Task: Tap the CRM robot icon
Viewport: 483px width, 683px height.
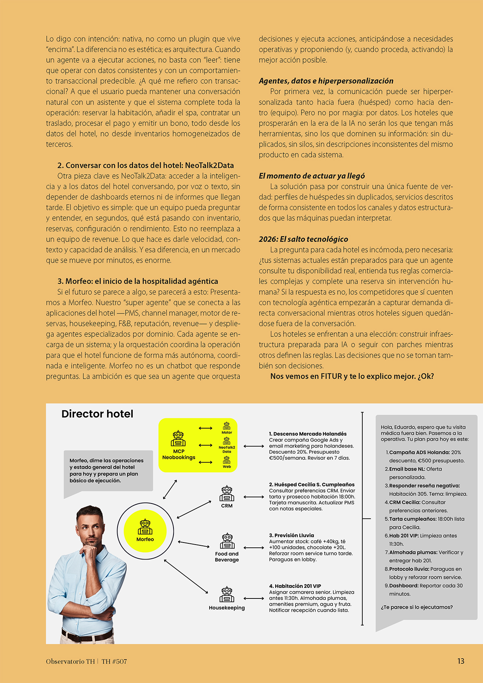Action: coord(227,493)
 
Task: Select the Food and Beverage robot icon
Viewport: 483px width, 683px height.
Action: coord(227,541)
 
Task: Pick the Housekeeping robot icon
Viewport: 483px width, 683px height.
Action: coord(227,594)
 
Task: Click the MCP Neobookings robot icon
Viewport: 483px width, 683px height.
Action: coord(178,439)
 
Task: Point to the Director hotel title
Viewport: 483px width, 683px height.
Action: coord(97,414)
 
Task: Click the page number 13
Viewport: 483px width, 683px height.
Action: coord(460,661)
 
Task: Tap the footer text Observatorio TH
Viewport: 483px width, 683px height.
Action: coord(70,661)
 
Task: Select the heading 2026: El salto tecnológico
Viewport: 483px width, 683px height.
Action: coord(303,239)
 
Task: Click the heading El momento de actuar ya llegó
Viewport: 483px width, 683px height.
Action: coord(312,176)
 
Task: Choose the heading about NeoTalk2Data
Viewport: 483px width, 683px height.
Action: coord(145,165)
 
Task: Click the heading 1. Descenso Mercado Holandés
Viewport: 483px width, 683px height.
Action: coord(308,434)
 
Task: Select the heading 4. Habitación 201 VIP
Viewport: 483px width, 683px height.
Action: coord(295,586)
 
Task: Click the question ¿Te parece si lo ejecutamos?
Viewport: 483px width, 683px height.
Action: coord(417,607)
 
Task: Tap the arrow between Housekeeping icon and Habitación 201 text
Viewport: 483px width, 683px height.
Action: coord(254,598)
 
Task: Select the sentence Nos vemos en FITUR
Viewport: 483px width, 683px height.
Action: coord(352,377)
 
